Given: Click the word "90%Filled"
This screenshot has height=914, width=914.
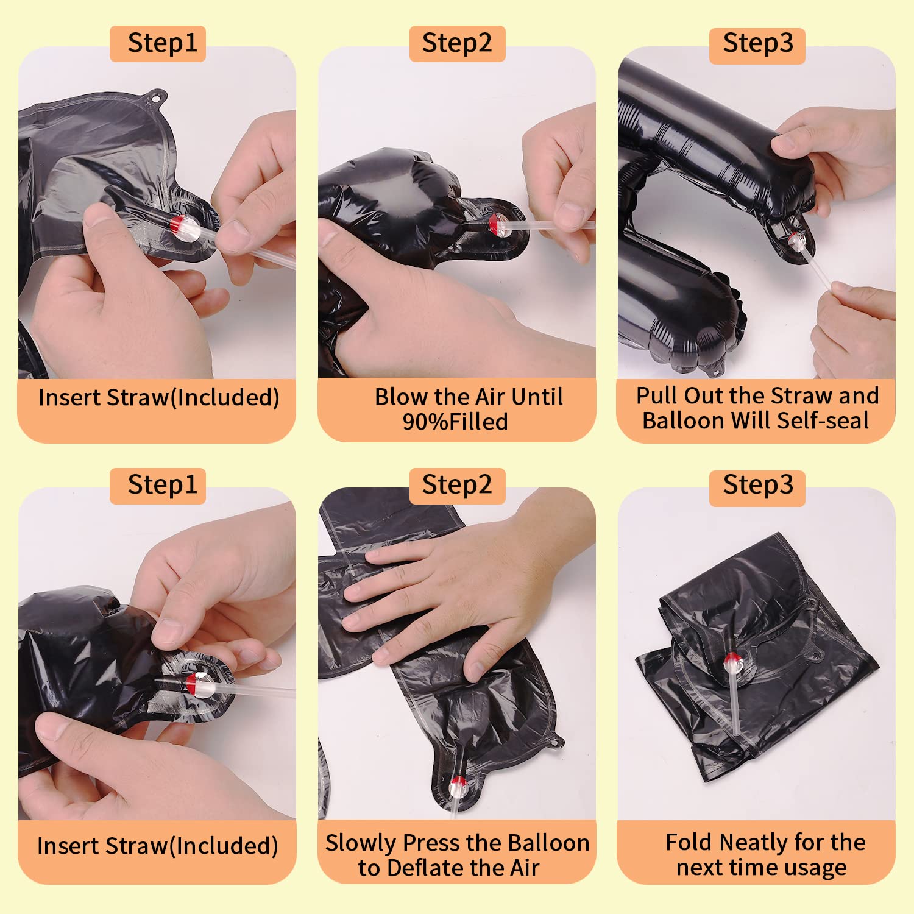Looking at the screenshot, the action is pos(455,422).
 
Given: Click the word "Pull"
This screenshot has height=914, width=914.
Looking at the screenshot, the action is pos(657,395).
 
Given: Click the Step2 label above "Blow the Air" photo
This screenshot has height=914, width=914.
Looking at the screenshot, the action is pos(457,43).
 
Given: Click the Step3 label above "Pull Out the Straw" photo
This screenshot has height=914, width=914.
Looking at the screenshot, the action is pos(757,44).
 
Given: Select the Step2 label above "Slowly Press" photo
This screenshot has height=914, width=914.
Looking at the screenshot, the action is pos(457,486).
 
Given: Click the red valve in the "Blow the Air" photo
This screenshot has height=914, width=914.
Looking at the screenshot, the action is pos(494,224).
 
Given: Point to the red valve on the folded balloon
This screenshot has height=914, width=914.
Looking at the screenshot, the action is pos(731,659).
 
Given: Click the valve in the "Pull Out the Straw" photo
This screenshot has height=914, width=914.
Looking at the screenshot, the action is pos(796,240).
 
